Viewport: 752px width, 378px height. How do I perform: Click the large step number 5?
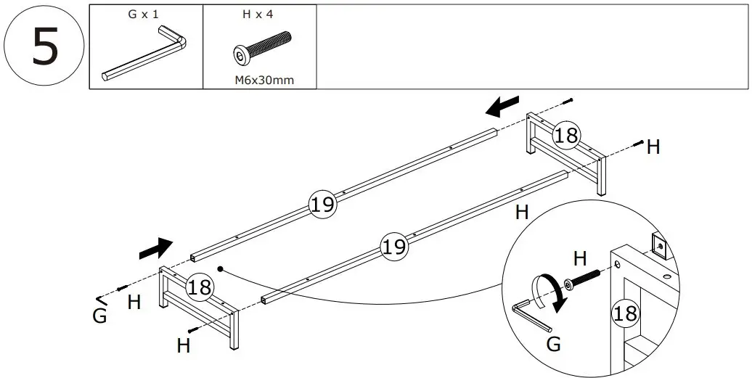(44, 47)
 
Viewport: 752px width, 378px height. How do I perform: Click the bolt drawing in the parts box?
(262, 49)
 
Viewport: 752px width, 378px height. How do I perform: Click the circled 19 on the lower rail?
(393, 247)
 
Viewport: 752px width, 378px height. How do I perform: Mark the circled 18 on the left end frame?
(199, 287)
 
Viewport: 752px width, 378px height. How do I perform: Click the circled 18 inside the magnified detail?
(624, 313)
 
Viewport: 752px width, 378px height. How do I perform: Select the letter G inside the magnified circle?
(553, 345)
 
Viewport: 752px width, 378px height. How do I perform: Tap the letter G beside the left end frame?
(100, 316)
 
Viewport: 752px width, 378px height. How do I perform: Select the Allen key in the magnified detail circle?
(533, 317)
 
